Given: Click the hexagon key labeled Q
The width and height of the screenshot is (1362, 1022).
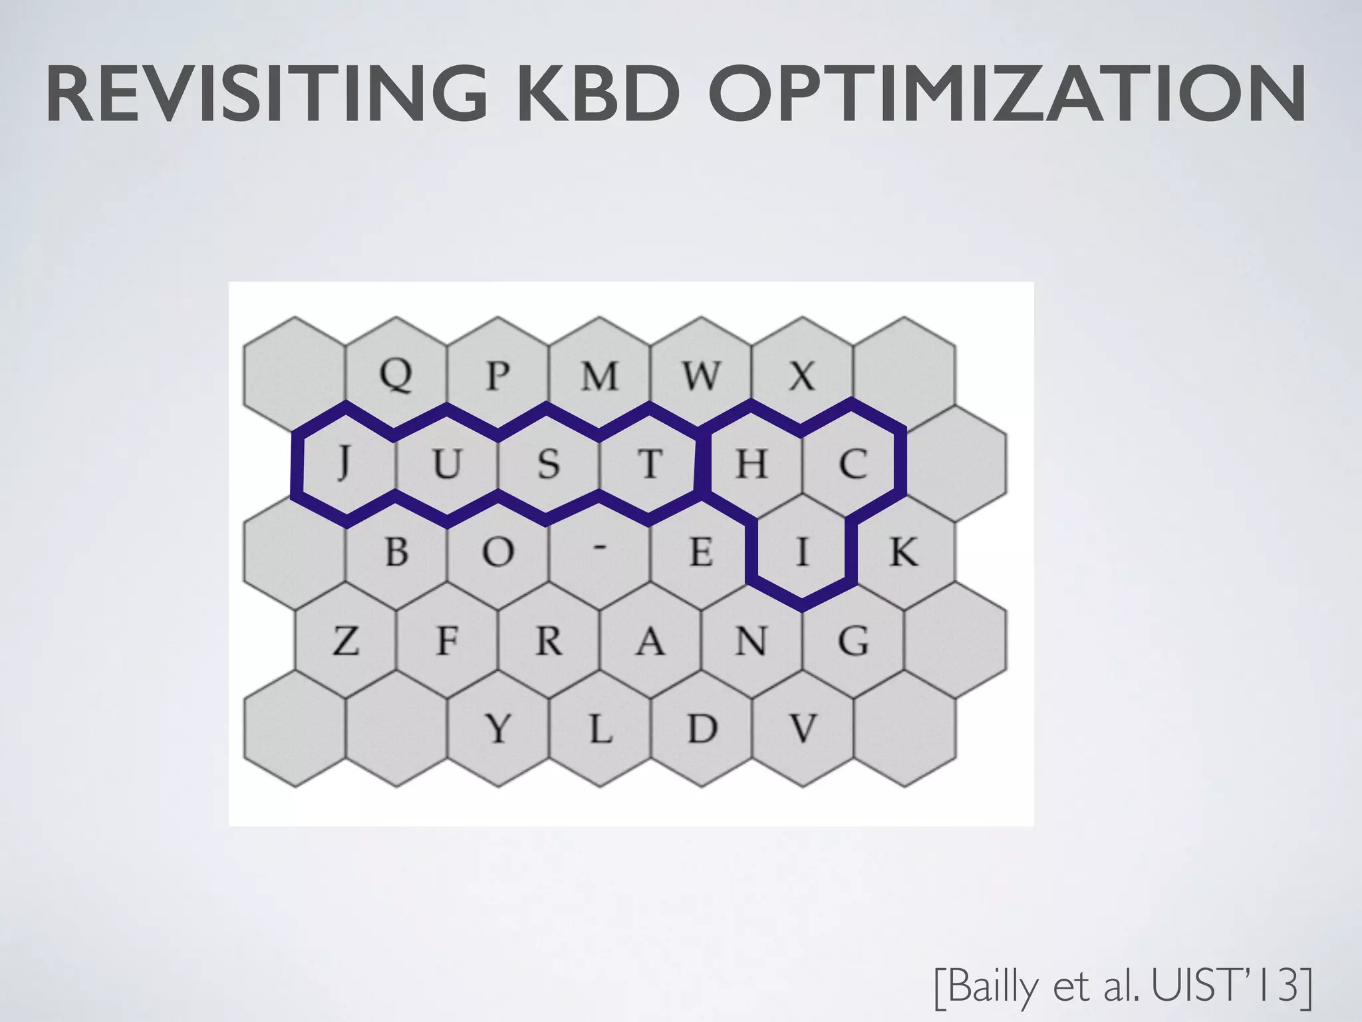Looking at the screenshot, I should pos(396,375).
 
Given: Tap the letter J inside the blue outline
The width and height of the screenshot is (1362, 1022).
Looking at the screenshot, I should pos(343,463).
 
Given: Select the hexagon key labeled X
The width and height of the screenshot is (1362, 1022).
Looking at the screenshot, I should pos(802,375).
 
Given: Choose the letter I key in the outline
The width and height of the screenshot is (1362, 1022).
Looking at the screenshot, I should pos(802,551).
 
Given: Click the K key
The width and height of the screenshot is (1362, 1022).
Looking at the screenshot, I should pos(903,551).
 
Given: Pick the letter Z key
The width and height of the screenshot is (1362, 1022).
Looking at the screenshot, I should pos(346,641).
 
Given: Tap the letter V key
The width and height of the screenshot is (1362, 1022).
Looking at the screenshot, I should pos(802,728).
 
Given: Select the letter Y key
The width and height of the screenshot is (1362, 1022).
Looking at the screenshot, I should pos(498,728).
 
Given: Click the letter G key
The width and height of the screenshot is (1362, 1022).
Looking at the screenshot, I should pos(853,641).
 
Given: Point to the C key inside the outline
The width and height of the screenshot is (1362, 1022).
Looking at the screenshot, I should pos(853,463).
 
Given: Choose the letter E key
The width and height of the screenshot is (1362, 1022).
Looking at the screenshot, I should pos(700,551).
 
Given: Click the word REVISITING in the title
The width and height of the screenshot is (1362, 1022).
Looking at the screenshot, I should pos(266,94).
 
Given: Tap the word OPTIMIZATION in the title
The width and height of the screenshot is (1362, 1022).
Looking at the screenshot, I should pos(1011,94).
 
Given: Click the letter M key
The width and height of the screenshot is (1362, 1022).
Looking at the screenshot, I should pos(600,375).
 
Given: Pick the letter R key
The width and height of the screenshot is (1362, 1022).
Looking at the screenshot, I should pos(549,641).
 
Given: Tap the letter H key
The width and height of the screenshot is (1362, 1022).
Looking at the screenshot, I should pos(751,463).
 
